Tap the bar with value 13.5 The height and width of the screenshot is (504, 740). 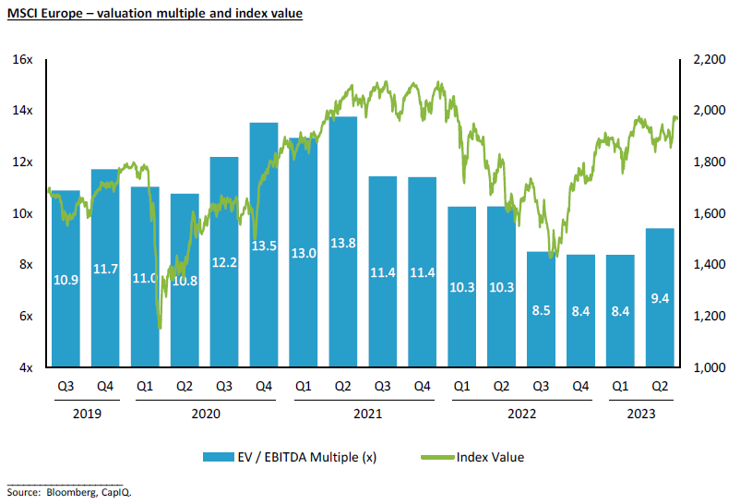pos(263,245)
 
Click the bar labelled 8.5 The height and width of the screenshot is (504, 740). pos(541,309)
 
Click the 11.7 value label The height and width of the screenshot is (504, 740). pos(104,269)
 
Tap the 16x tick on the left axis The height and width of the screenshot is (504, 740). pos(23,59)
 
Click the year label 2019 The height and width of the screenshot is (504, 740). pos(84,414)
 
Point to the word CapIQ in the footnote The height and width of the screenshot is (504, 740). pos(119,493)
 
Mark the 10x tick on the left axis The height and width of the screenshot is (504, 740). pos(23,213)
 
